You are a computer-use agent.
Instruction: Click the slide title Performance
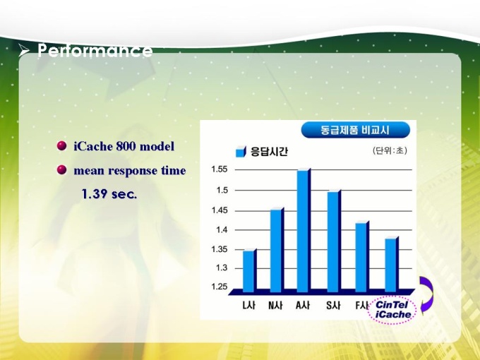95,50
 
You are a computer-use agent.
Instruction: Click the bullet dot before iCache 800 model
62,145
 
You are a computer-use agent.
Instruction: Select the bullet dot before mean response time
62,169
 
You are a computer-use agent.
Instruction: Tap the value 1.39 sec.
109,194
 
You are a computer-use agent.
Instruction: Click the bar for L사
249,270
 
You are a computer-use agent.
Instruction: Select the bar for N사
277,250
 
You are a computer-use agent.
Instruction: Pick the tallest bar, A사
304,230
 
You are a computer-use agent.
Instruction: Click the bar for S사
334,241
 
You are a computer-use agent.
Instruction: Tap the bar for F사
362,256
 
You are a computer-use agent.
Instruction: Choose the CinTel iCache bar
392,264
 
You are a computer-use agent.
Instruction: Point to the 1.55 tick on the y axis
220,169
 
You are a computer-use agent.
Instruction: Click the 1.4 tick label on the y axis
222,229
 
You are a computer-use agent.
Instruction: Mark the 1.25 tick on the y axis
220,287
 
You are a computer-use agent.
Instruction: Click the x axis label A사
303,305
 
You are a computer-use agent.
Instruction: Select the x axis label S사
333,305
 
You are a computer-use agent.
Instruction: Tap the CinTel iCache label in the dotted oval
392,309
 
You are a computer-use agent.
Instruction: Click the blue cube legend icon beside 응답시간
241,152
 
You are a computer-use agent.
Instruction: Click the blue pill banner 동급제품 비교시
355,130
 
